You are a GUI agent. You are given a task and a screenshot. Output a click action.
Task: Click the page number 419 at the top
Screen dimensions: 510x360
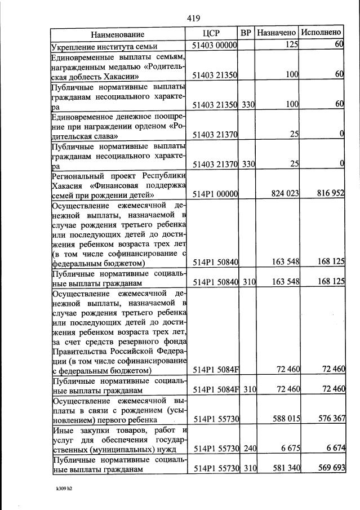point(194,18)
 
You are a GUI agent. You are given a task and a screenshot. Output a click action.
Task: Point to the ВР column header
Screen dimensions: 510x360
point(246,33)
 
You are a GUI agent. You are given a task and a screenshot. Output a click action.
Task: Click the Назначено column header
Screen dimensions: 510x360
point(277,33)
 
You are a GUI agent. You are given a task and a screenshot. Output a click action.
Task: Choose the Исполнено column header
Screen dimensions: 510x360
point(321,33)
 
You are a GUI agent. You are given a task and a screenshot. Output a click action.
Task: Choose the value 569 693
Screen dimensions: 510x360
point(328,469)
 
